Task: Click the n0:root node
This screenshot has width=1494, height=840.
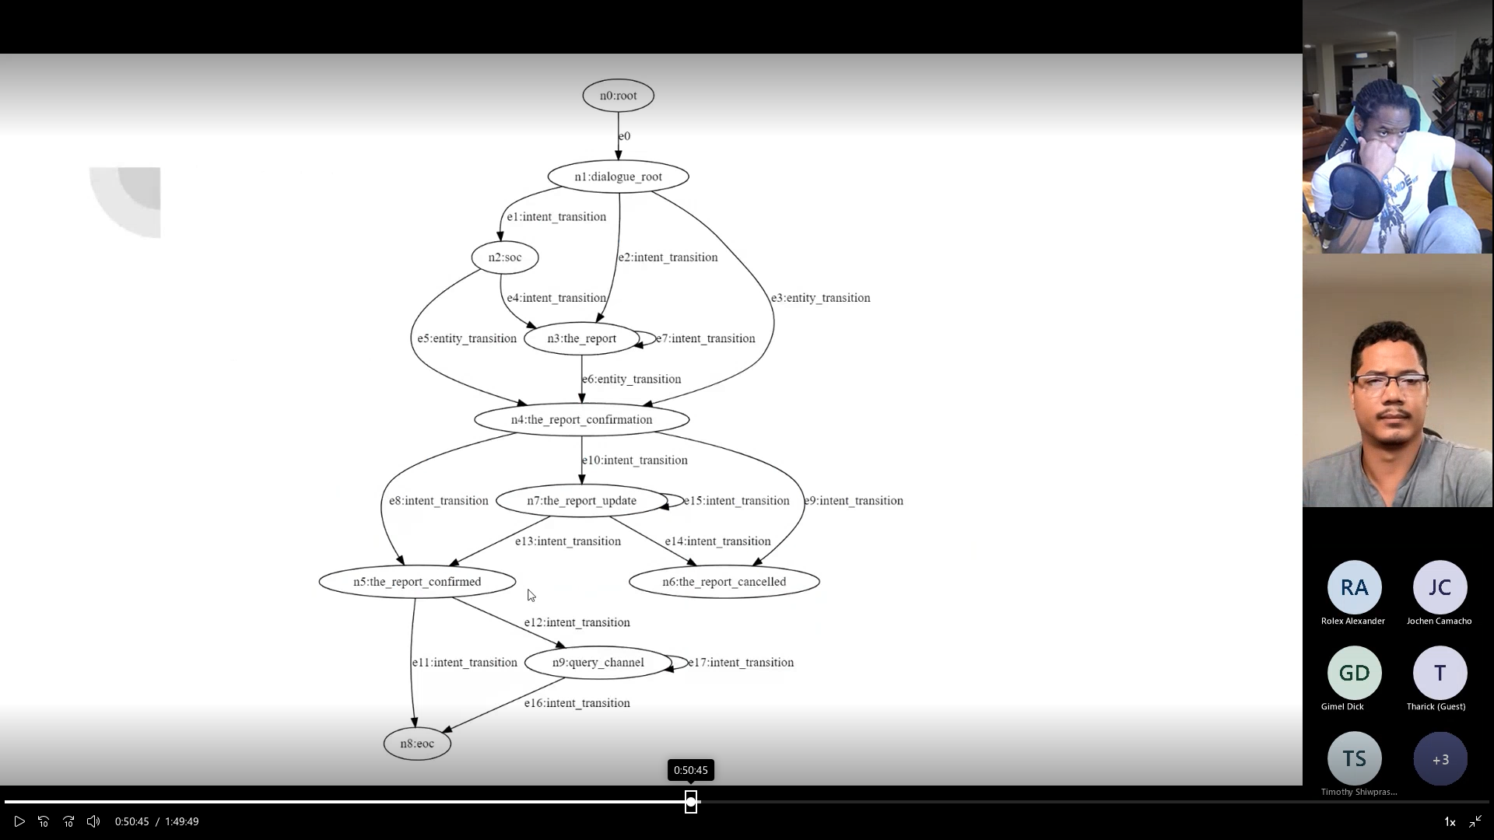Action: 619,96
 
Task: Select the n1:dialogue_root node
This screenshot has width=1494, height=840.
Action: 619,177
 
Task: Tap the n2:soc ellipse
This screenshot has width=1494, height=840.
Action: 505,257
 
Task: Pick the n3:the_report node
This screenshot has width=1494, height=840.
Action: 581,338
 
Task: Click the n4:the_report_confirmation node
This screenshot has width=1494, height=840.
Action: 582,420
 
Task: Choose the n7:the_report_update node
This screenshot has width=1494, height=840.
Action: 582,501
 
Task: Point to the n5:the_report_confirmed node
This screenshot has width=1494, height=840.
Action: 417,582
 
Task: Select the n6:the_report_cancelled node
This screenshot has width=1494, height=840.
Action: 724,582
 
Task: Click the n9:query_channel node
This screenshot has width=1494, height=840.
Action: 598,663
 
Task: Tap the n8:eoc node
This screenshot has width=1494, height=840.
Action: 417,744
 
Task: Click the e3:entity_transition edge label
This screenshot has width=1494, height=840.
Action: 821,298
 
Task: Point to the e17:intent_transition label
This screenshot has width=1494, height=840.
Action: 741,663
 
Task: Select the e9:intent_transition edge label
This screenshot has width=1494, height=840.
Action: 854,501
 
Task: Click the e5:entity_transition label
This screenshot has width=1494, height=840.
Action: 467,338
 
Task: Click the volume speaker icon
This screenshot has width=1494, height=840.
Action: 93,821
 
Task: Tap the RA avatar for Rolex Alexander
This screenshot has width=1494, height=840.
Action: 1355,587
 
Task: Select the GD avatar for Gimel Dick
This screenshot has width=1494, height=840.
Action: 1355,673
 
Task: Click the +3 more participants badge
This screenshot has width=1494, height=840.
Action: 1440,758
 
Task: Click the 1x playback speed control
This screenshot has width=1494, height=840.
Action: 1450,822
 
